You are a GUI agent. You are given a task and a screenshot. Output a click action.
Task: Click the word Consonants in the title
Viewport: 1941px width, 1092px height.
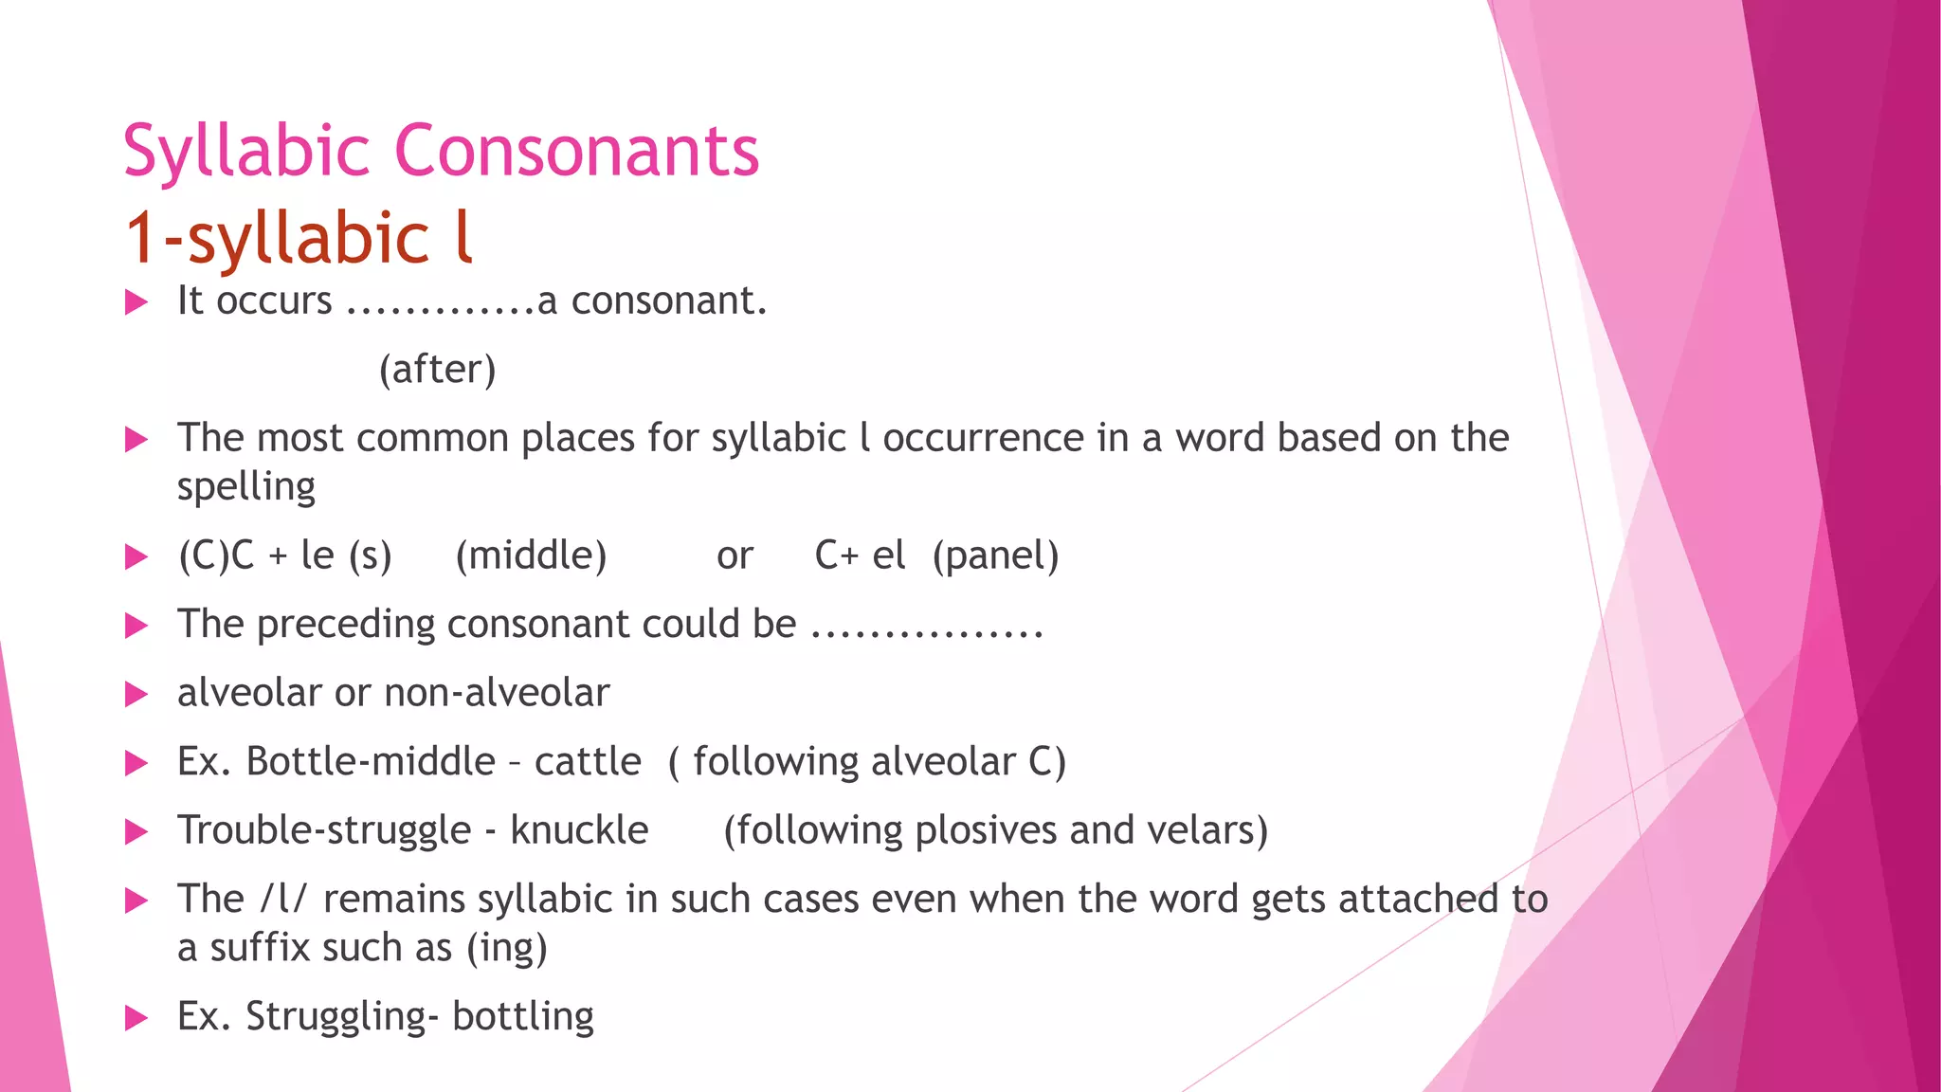tap(576, 152)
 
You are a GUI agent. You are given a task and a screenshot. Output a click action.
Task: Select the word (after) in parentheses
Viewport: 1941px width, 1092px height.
tap(437, 369)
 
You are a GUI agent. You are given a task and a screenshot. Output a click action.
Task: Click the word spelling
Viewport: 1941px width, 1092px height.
tap(246, 487)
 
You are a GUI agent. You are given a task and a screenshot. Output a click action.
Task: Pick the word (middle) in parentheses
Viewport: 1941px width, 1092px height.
tap(531, 555)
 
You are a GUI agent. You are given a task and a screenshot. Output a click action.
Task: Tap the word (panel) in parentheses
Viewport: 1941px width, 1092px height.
tap(995, 555)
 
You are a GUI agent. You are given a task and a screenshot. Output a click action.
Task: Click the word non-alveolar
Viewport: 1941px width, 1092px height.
tap(497, 693)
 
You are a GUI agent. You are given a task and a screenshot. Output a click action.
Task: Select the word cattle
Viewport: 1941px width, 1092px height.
tap(588, 761)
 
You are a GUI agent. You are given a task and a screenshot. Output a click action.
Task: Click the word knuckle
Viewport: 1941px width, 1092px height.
tap(579, 830)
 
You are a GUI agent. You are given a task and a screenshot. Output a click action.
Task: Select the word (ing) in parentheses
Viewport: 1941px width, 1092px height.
tap(506, 948)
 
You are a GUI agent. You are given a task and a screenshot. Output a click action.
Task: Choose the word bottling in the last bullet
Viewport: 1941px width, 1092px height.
tap(523, 1016)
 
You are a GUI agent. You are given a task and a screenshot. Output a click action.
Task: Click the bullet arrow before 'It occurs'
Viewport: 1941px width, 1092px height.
tap(136, 303)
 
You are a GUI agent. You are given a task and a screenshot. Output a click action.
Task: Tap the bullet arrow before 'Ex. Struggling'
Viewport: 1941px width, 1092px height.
tap(136, 1019)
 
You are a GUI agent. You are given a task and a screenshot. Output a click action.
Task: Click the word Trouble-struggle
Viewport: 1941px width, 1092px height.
tap(324, 830)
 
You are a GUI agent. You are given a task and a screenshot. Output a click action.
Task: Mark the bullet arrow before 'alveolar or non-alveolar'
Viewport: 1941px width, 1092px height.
tap(136, 695)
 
